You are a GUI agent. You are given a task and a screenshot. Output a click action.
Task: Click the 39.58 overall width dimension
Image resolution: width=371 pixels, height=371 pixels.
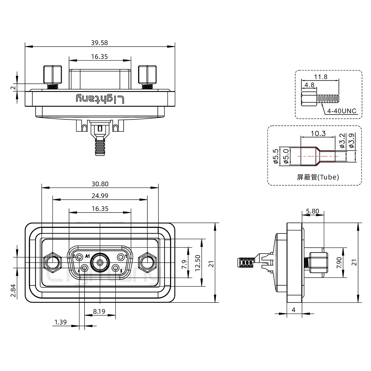(99, 43)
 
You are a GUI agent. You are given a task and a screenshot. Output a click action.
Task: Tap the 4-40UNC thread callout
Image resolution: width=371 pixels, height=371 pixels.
(342, 111)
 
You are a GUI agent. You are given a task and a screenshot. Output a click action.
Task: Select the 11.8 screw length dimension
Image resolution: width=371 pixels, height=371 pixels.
(321, 77)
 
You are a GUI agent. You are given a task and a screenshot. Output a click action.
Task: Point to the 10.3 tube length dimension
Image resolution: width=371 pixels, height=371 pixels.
(318, 133)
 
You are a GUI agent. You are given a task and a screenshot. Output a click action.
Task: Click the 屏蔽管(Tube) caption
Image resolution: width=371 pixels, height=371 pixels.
(318, 177)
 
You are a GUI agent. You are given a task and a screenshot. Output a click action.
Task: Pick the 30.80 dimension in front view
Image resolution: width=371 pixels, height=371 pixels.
(100, 184)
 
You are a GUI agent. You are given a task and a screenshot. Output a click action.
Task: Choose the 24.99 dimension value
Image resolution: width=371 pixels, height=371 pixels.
(100, 196)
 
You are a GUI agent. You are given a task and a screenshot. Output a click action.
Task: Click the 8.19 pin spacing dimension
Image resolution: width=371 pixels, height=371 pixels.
(99, 311)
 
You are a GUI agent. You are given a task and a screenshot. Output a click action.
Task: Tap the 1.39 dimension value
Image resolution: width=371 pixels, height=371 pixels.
(61, 322)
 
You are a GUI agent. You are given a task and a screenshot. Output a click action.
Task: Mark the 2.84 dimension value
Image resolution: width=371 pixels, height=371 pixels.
(13, 290)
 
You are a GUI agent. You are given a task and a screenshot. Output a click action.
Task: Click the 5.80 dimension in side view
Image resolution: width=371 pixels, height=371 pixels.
(313, 211)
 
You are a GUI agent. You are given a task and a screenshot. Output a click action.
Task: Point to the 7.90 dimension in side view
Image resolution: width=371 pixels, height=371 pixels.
(339, 263)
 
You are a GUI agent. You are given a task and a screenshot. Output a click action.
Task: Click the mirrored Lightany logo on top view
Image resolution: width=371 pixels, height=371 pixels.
(100, 99)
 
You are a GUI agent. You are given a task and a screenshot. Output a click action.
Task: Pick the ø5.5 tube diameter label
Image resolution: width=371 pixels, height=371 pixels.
(275, 156)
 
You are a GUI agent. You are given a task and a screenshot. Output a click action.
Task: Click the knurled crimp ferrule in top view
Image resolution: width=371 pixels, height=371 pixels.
(100, 147)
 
